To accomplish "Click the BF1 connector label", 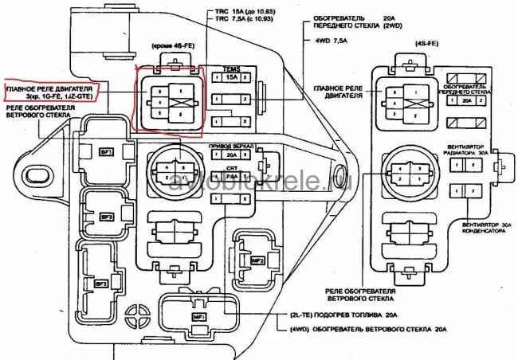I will coord(105,151).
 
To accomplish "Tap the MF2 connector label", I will coord(258,260).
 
